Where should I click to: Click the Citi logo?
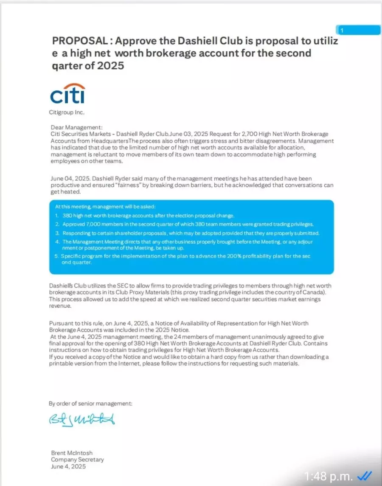[x=67, y=93]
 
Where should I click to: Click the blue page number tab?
[x=358, y=30]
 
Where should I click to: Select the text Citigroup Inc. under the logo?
[x=67, y=112]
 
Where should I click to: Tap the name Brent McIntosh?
[x=72, y=453]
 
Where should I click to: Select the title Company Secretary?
[x=77, y=460]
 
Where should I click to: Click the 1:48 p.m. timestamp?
[x=328, y=476]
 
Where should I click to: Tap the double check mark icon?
[x=365, y=476]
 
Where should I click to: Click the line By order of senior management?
[x=90, y=404]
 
